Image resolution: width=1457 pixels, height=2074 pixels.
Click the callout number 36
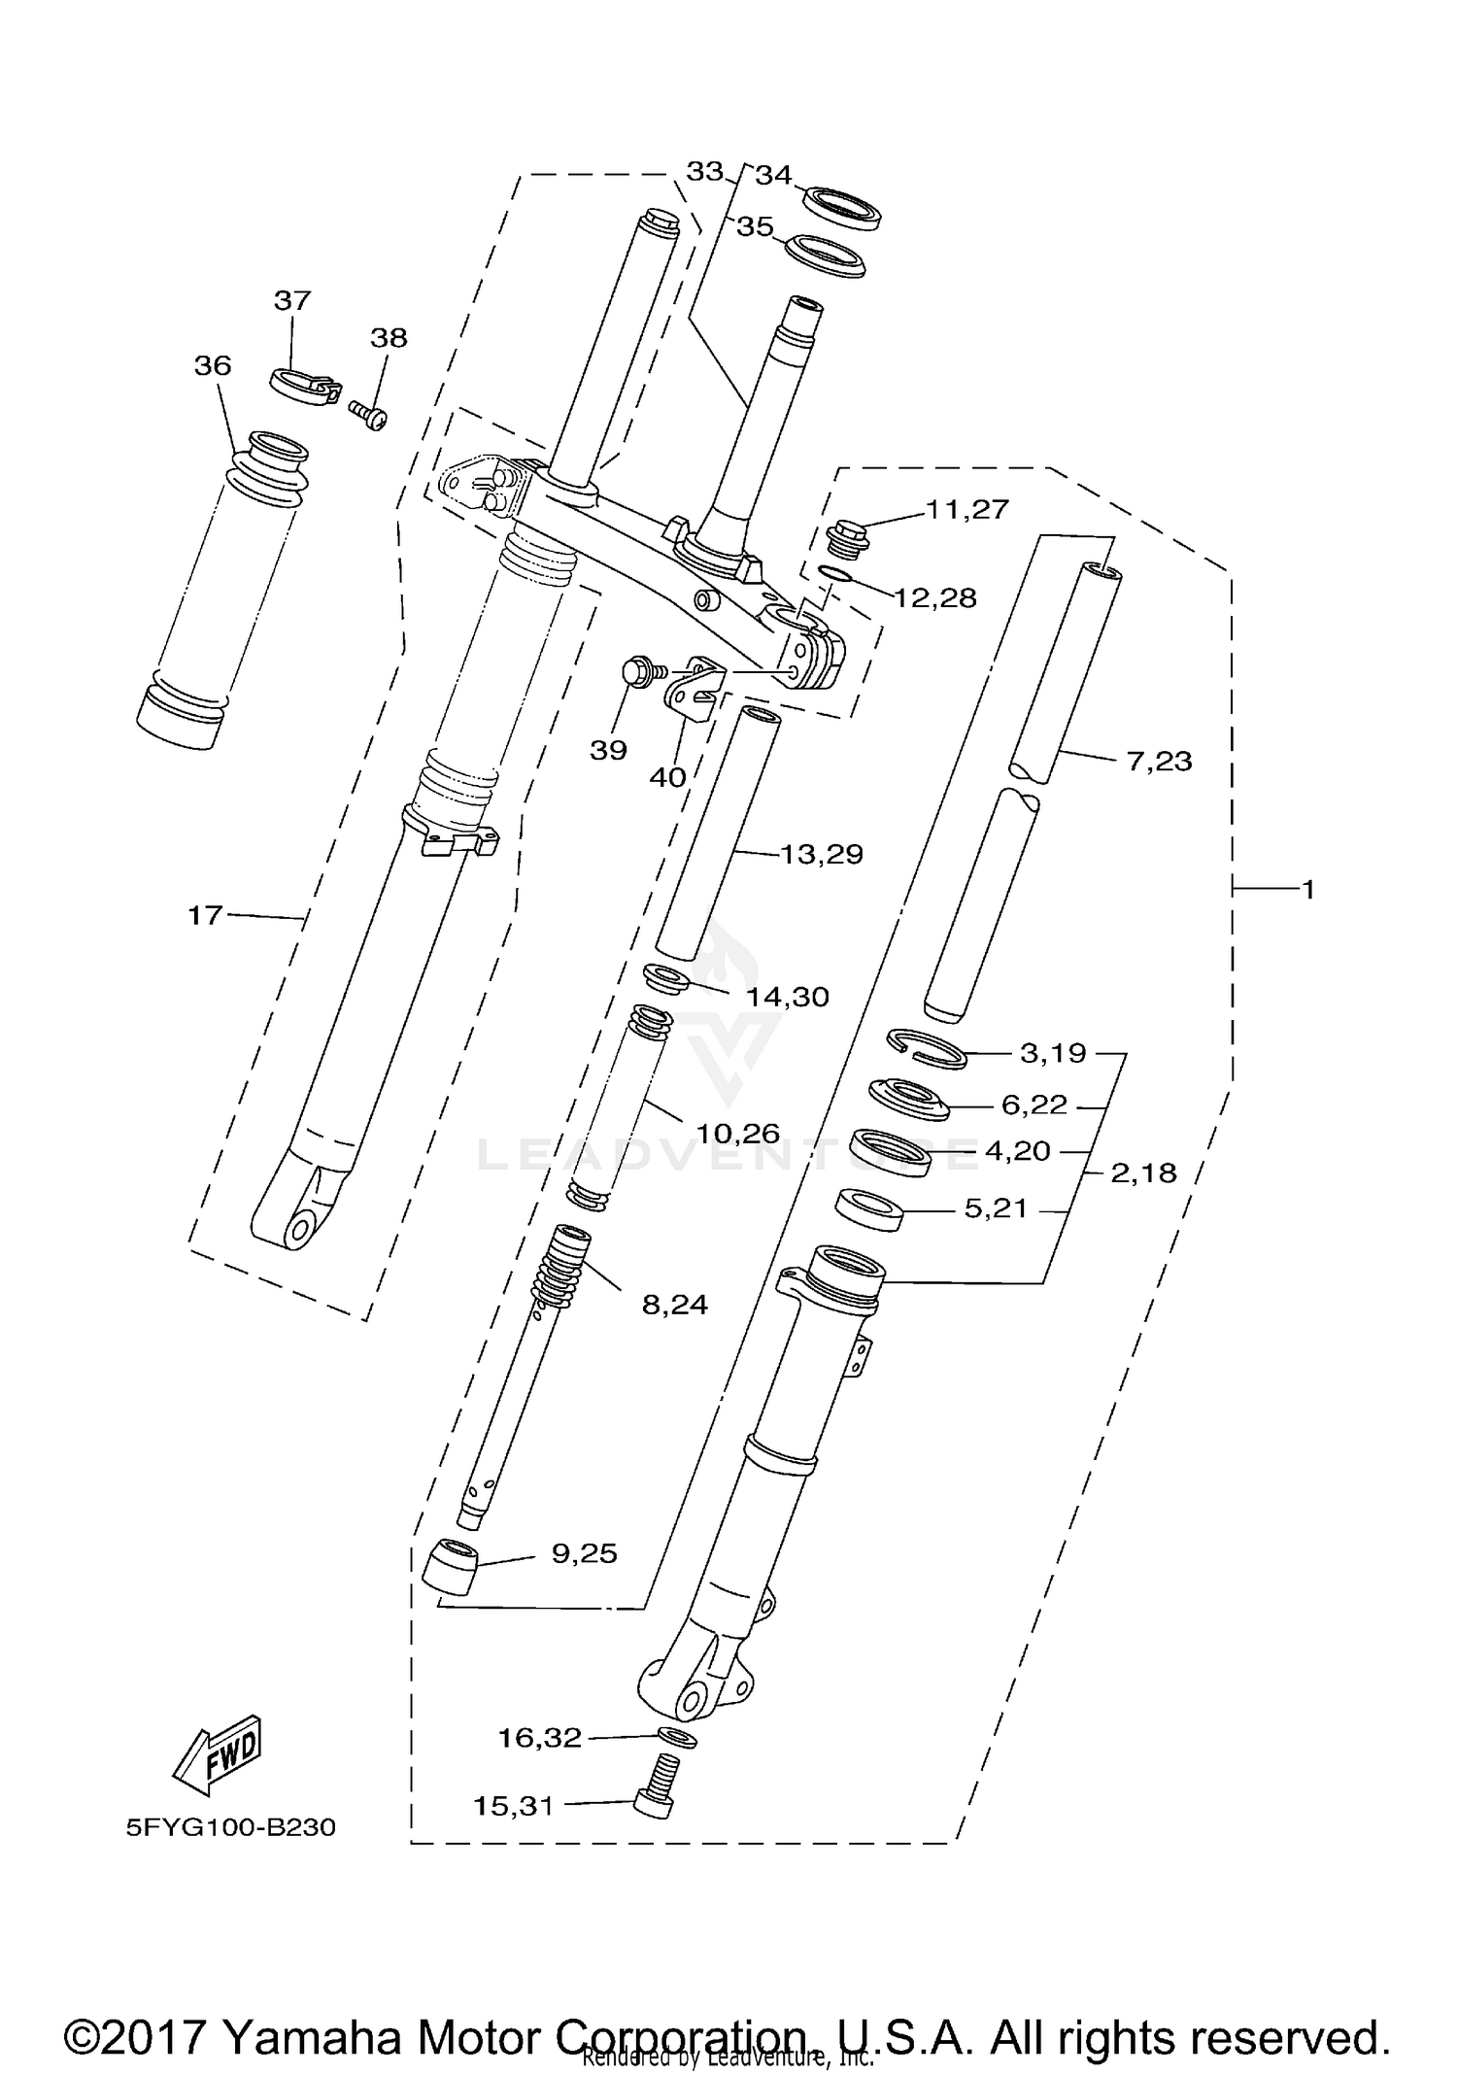(x=213, y=365)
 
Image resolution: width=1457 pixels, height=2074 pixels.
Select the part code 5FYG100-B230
(x=230, y=1827)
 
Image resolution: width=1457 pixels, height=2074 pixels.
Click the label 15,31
(x=513, y=1806)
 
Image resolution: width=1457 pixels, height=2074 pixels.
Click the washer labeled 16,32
(x=677, y=1736)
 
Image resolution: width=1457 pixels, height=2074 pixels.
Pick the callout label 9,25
(x=584, y=1553)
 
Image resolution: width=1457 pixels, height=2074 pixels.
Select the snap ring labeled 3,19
(x=927, y=1048)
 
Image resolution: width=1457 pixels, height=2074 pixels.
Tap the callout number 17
(x=205, y=914)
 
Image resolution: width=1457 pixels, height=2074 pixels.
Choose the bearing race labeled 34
(x=841, y=208)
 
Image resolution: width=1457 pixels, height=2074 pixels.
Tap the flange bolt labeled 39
(x=638, y=671)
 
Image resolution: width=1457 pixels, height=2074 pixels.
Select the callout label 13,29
(x=822, y=854)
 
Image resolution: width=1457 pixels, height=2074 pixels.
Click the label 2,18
(x=1143, y=1173)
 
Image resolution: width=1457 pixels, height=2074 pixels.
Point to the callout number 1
(x=1307, y=888)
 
